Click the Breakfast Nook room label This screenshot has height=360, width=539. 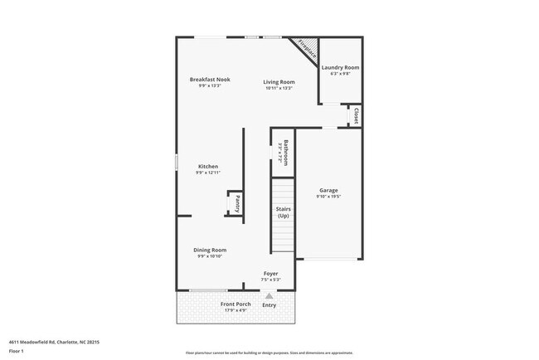click(209, 80)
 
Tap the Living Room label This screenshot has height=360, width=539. click(279, 81)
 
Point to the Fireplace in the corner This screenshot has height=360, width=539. click(307, 47)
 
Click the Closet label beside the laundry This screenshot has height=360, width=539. click(356, 115)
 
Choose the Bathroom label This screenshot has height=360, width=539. click(284, 153)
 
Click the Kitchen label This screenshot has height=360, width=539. click(207, 166)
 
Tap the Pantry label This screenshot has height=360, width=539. click(237, 203)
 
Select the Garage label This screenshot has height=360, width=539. click(328, 190)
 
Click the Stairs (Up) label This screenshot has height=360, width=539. click(283, 212)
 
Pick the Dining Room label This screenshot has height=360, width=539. click(210, 250)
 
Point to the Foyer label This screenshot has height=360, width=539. click(270, 274)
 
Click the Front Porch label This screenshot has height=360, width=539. click(236, 304)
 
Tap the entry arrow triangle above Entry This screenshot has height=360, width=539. click(269, 295)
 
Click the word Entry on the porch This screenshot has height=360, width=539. click(269, 305)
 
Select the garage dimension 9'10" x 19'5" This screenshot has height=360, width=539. click(328, 197)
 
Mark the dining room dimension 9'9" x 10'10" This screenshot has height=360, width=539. click(210, 256)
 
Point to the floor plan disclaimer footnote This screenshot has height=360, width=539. click(269, 353)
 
